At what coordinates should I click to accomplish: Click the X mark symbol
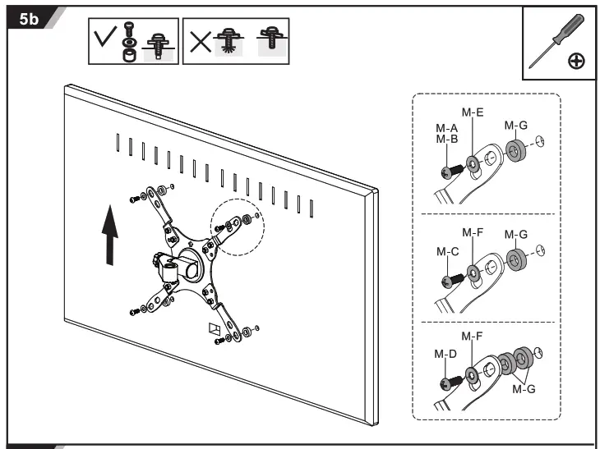pos(200,39)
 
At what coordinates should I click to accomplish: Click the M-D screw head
pos(445,383)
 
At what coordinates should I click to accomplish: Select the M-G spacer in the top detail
pos(516,153)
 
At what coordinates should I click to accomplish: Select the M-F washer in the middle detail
pos(473,271)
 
